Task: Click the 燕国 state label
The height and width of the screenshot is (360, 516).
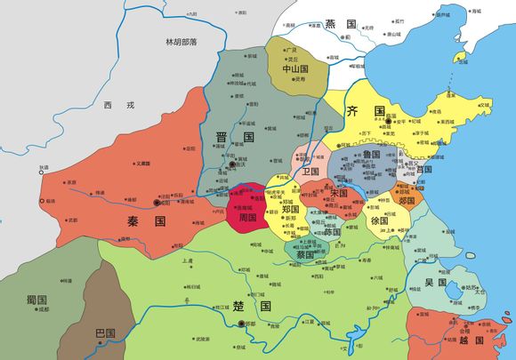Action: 340,25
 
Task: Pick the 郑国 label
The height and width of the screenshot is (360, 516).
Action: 290,209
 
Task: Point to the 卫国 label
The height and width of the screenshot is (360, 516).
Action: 310,170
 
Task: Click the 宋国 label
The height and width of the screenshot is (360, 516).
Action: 339,193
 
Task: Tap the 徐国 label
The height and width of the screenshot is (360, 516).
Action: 379,220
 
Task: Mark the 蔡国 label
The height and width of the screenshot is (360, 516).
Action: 304,252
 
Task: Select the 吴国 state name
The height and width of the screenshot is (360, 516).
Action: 436,282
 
